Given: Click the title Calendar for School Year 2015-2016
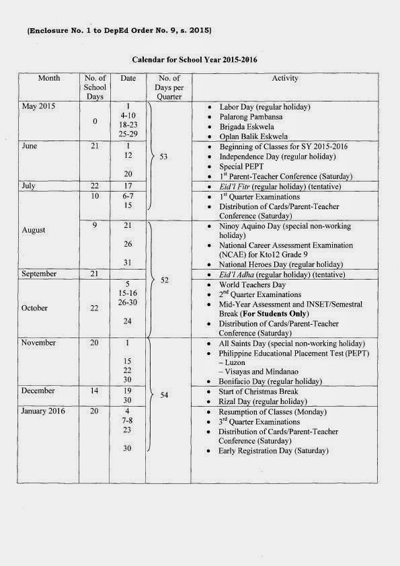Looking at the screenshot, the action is [194, 60].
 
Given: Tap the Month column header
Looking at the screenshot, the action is [49, 79].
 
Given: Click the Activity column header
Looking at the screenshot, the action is [285, 79].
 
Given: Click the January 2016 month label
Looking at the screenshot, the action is [44, 411].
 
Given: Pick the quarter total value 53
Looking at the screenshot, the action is [163, 157].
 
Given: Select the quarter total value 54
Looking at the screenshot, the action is [163, 396].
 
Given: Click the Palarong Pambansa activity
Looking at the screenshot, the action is [251, 117].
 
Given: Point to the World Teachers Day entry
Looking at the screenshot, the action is [252, 285].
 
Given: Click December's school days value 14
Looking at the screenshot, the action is [95, 391].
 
